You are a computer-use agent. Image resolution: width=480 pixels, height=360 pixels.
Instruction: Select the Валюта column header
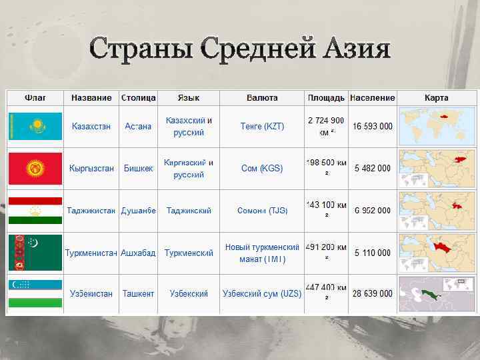[262, 98]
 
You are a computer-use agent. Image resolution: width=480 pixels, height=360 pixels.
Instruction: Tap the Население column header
[372, 98]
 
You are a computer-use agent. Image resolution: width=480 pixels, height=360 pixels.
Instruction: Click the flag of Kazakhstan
[35, 126]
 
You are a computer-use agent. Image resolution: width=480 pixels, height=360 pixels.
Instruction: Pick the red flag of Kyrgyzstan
[35, 168]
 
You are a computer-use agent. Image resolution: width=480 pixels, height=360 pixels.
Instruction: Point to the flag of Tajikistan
[35, 210]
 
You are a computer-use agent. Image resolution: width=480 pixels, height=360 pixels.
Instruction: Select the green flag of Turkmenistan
[35, 252]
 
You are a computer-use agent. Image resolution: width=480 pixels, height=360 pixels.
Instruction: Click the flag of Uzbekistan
[35, 293]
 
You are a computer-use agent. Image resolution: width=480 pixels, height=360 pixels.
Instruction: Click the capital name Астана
[138, 127]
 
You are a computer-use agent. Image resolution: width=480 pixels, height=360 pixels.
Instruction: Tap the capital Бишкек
[138, 169]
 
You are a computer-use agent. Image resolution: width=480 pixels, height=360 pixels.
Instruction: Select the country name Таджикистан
[91, 211]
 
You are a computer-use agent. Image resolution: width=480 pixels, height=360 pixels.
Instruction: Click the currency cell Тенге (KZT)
[262, 127]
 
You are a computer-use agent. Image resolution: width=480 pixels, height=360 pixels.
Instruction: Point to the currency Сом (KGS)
[262, 169]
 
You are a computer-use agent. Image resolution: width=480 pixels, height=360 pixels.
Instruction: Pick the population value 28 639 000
[373, 293]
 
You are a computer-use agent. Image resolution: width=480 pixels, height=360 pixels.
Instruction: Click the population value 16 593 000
[373, 127]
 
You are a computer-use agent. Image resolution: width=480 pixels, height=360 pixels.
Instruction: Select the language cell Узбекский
[189, 293]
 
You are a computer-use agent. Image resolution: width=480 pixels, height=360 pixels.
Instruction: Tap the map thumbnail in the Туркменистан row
[437, 252]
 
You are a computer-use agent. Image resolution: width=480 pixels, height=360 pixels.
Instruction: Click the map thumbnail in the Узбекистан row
[437, 293]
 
